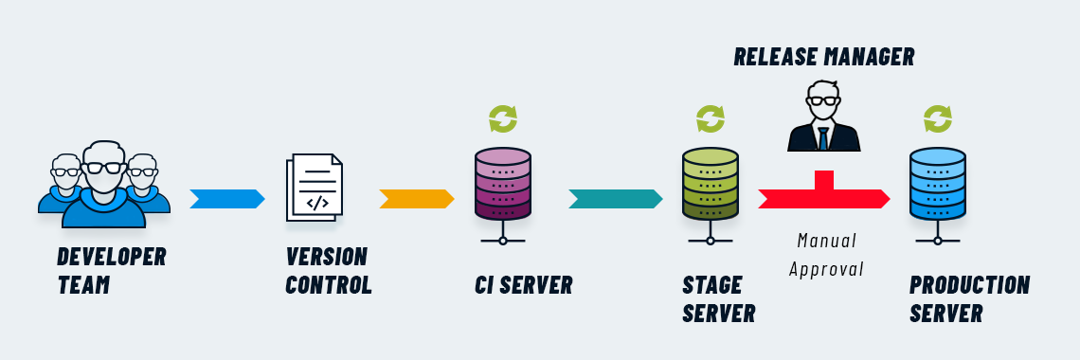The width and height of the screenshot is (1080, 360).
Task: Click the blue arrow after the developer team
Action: (x=226, y=199)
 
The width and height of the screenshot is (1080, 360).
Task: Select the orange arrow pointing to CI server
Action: (x=416, y=199)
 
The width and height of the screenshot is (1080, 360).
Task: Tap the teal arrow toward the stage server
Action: (x=615, y=199)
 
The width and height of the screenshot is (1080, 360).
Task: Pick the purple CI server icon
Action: (x=502, y=185)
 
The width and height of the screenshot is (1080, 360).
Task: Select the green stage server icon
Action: (x=710, y=185)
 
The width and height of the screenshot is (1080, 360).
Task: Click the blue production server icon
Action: (x=937, y=185)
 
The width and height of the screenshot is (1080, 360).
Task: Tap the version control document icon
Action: (x=315, y=188)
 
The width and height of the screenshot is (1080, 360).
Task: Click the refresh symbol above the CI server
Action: (x=503, y=119)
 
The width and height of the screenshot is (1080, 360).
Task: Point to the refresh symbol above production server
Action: (x=938, y=119)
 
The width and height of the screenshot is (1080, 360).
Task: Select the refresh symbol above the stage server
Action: (x=711, y=119)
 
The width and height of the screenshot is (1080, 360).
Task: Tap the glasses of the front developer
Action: (x=103, y=168)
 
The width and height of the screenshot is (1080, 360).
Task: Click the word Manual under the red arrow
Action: (x=826, y=240)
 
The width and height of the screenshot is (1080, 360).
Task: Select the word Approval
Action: (x=826, y=269)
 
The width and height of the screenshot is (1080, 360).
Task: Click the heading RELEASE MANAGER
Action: (x=823, y=57)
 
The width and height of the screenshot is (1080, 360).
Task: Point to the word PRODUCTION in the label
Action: (x=968, y=285)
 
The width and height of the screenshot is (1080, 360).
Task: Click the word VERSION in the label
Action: (x=326, y=257)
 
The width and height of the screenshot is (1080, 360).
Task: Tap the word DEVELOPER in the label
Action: (x=111, y=257)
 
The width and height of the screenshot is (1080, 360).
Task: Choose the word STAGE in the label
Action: (x=711, y=285)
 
